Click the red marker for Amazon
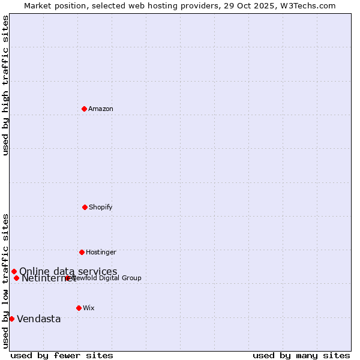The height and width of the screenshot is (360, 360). (84, 109)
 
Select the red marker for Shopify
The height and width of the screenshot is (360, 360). (85, 207)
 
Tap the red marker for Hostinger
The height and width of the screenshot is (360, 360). (82, 252)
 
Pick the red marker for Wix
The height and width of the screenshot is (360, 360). (79, 308)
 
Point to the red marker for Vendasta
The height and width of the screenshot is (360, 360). (11, 319)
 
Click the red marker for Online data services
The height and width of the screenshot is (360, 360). (14, 271)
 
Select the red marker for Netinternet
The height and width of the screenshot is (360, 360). (16, 278)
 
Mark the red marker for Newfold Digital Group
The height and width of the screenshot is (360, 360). (67, 278)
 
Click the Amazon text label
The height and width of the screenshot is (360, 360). (101, 109)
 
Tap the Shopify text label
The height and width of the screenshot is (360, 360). (101, 207)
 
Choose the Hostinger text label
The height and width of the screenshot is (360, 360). (101, 252)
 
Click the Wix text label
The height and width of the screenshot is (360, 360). (89, 308)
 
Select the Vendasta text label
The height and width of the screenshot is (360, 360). (38, 319)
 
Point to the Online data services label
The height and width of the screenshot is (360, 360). (68, 271)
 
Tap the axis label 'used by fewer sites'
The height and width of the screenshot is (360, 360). (62, 355)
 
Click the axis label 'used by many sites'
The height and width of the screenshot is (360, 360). (301, 355)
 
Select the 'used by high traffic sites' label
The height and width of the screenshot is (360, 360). (5, 85)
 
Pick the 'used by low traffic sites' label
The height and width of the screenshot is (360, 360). (5, 280)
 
